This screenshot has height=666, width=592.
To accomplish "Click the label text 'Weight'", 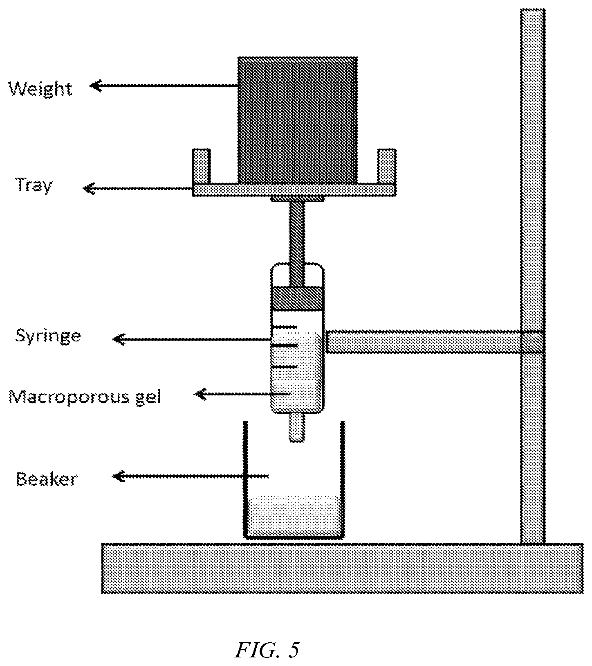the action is point(40,88).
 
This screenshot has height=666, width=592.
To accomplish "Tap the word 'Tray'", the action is point(34,186).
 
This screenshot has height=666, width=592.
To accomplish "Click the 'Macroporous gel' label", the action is point(85,396).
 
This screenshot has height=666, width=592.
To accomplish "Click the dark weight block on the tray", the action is point(297,120).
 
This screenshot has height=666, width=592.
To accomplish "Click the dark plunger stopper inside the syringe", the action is point(297,298).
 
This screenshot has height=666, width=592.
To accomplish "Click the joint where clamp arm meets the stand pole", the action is point(532,342).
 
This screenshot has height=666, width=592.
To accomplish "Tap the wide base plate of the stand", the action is point(342,568).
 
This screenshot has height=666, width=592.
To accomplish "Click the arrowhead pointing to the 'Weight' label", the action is point(95,86).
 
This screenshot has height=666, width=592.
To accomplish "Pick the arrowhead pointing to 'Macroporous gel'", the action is point(200,394).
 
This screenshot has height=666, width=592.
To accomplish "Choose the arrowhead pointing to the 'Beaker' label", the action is point(118,476).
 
